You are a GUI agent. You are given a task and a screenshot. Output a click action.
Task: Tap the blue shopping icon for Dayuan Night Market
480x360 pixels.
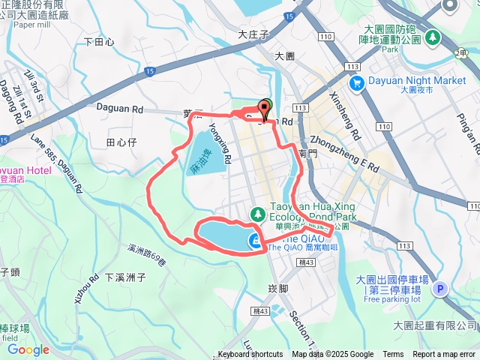pos(356,82)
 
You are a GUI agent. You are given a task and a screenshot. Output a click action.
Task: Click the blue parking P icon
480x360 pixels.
pos(440,287)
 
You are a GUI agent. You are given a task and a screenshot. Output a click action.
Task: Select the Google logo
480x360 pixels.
pos(28,349)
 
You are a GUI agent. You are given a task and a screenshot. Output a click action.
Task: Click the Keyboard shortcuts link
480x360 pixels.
pos(250,355)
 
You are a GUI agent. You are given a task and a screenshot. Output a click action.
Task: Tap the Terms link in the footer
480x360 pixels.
pos(393,355)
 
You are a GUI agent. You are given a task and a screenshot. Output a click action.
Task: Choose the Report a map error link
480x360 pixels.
pos(444,355)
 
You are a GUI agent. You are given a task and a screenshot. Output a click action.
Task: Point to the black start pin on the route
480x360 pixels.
pos(264,110)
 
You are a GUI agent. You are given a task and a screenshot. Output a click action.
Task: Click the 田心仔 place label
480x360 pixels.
pos(120,142)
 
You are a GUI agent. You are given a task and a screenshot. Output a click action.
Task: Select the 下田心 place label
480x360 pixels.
pos(99,43)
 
